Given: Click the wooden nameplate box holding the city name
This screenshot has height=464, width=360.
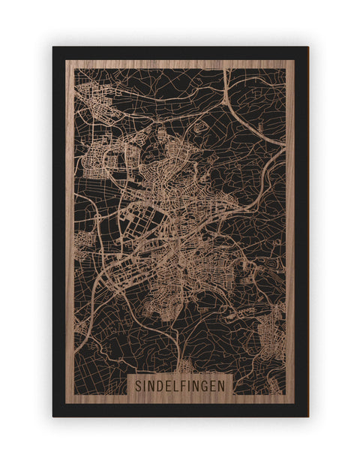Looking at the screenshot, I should (181, 384).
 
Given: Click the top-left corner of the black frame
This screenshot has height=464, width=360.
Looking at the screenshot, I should (53, 47).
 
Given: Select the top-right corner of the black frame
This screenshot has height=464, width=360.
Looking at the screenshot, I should (308, 47).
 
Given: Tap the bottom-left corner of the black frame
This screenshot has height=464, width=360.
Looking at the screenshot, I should (53, 417).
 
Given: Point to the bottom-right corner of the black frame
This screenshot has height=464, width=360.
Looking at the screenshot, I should (308, 417).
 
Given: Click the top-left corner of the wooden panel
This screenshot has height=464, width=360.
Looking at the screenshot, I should (66, 60).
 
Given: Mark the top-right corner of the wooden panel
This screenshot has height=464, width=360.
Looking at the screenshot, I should (295, 60).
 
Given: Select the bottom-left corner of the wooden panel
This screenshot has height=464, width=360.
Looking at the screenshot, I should (66, 404).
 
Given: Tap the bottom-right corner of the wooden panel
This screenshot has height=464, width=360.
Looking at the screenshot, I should (295, 404).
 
